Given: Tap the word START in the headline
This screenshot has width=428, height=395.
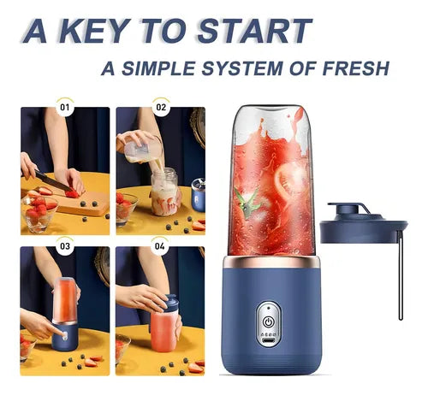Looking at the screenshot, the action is (x=254, y=31).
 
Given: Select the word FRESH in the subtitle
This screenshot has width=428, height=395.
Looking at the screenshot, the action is (x=356, y=68).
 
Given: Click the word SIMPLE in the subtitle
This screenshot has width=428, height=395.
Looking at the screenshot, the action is (x=158, y=68).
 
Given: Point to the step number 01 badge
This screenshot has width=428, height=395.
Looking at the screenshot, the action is (x=65, y=107).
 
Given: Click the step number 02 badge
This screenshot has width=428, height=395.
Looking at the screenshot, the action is (x=161, y=107).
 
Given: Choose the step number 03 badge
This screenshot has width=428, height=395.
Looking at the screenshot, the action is (x=65, y=245).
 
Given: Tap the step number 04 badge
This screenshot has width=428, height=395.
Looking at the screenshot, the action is (x=160, y=245).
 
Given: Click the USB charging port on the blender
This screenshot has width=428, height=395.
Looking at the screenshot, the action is (x=268, y=341).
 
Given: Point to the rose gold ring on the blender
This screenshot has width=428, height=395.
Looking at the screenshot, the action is (x=271, y=262).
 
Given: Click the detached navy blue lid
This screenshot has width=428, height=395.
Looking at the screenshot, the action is (x=363, y=224).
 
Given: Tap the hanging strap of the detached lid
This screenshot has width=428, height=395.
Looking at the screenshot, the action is (x=401, y=275).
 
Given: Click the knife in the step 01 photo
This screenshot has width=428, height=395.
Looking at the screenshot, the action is (x=53, y=180).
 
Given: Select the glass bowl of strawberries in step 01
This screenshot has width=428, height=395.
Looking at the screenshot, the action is (x=39, y=211).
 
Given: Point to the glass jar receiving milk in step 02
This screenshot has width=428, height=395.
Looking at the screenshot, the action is (x=165, y=192).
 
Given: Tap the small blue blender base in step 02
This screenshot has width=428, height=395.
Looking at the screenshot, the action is (x=199, y=196).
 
